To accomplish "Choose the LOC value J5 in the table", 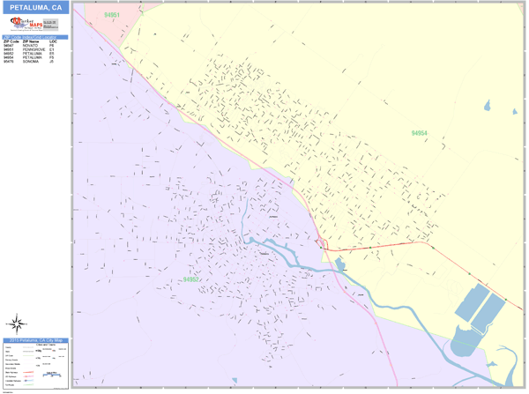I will point(52,63).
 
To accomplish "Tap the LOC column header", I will point(53,41).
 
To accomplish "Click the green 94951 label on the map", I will point(112,15).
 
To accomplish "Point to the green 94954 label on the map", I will point(420,133).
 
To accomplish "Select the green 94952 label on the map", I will point(192,279).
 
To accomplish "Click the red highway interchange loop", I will point(324,242).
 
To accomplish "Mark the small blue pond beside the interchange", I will point(340,263).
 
